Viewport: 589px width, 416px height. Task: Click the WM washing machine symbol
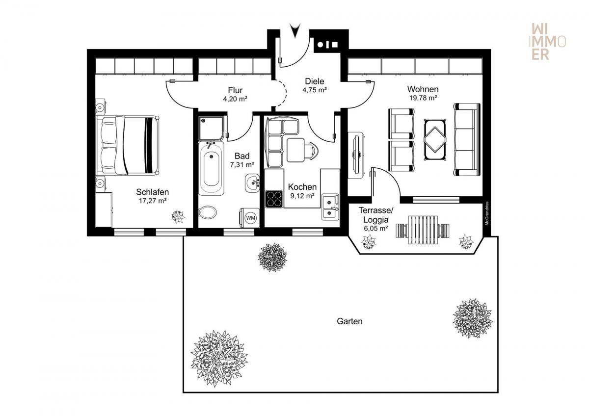(x=250, y=218)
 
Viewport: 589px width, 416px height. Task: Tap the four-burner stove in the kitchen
(x=274, y=199)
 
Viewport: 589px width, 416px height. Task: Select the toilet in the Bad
(x=208, y=212)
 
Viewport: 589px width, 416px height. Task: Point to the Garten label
(x=349, y=321)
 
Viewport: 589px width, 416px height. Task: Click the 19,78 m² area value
(x=423, y=98)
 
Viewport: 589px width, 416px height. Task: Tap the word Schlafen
(x=152, y=192)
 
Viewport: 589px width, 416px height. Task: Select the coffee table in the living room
(x=435, y=139)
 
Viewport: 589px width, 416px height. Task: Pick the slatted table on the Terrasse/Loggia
(x=423, y=230)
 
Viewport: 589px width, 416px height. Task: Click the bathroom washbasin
(x=252, y=183)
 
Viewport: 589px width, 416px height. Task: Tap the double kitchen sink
(x=330, y=207)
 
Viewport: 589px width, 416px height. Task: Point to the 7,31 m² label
(x=242, y=165)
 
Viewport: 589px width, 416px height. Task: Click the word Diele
(x=315, y=81)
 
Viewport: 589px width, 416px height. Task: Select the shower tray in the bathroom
(x=212, y=128)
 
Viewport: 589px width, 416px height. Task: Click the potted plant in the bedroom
(x=178, y=217)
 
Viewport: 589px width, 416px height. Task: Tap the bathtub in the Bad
(x=211, y=168)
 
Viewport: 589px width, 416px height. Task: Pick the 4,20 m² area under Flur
(x=235, y=99)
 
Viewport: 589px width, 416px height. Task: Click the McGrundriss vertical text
(x=487, y=213)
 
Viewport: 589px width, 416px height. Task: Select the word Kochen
(x=302, y=187)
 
